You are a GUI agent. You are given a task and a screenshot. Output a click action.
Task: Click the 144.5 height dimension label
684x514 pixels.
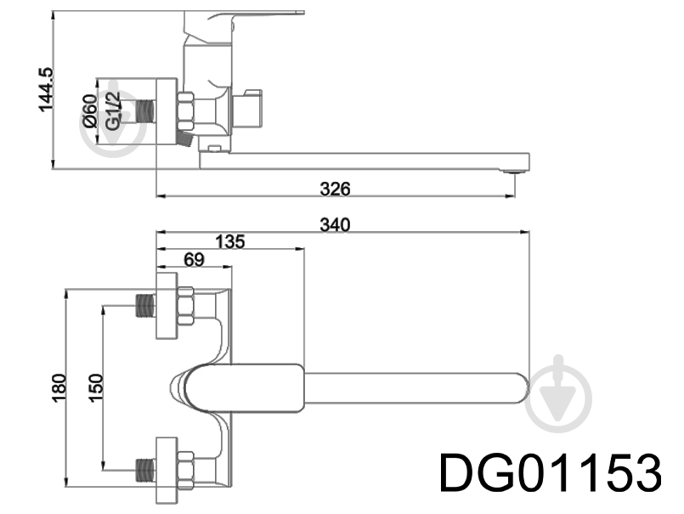click(46, 90)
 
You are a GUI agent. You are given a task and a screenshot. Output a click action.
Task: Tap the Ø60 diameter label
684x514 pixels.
click(91, 110)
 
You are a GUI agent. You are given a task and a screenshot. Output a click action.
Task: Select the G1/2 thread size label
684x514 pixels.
click(112, 110)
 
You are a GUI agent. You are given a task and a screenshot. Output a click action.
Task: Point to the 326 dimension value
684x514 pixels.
click(335, 189)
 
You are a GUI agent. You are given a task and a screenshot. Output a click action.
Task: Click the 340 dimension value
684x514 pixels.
click(335, 224)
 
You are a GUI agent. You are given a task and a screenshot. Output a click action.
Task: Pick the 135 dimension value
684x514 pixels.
click(230, 241)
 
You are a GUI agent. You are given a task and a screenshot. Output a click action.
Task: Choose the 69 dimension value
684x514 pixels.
click(194, 260)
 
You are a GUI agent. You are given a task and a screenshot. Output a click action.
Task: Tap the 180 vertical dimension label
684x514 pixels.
click(59, 388)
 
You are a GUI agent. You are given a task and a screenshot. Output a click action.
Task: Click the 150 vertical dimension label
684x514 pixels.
click(95, 388)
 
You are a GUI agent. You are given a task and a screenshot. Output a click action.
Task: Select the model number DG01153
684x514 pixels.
click(551, 472)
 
